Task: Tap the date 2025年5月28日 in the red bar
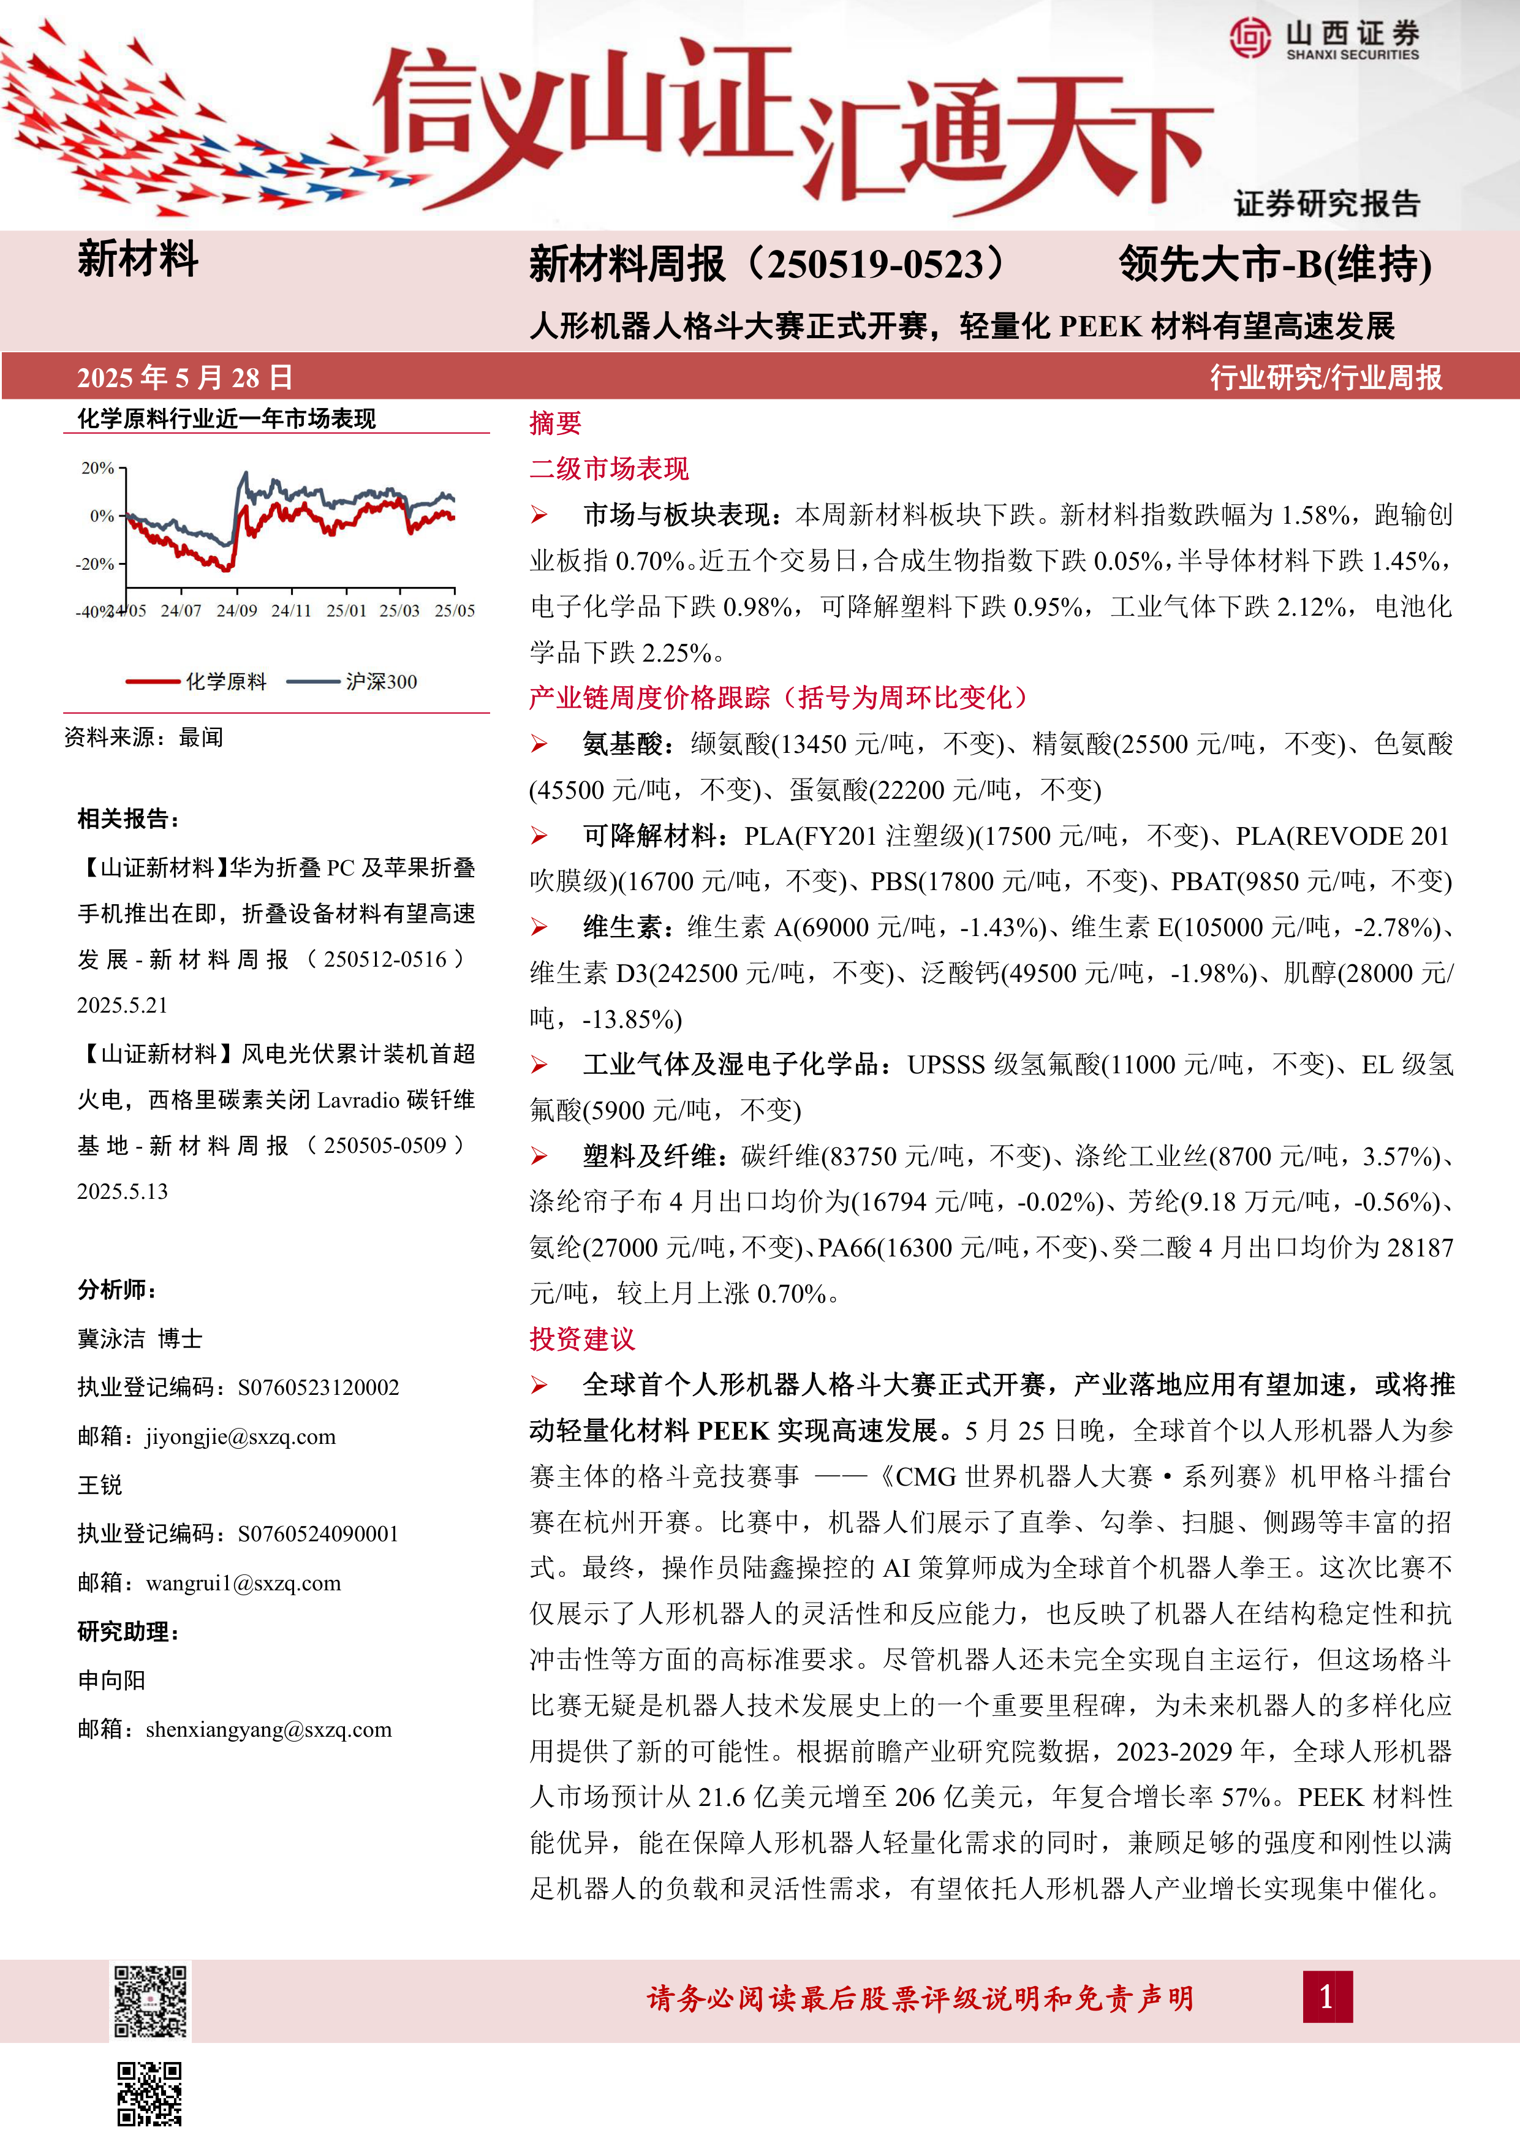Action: tap(184, 377)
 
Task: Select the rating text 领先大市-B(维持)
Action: tap(1275, 265)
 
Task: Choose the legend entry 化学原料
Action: tap(225, 681)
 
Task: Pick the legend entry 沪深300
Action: tap(381, 681)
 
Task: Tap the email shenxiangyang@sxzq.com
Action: tap(268, 1730)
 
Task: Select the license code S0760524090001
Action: tap(318, 1534)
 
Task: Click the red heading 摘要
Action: tap(555, 424)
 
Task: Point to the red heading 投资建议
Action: tap(581, 1339)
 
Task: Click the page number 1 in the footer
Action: tap(1326, 1997)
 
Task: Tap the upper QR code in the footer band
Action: tap(149, 2001)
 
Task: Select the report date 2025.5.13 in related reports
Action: tap(123, 1192)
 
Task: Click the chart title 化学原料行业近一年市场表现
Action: tap(227, 418)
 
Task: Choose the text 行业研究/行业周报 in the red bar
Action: tap(1325, 377)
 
